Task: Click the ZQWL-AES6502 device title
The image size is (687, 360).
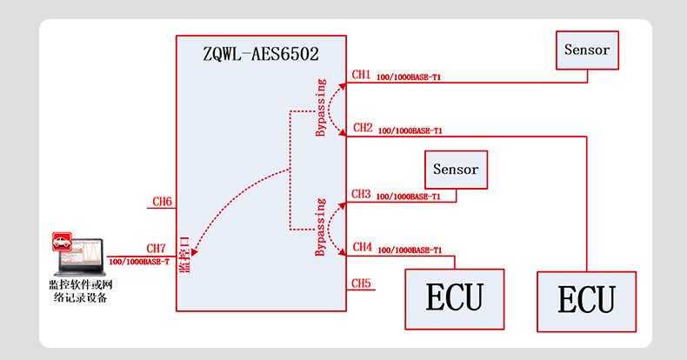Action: tap(260, 55)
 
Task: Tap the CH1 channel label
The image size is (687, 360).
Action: tap(362, 75)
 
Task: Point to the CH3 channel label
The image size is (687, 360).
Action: tap(362, 194)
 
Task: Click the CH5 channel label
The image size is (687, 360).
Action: tap(362, 283)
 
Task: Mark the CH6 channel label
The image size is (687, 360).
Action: tap(163, 202)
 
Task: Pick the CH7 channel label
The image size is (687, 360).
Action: tap(157, 249)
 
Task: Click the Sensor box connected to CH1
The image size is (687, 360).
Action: tap(587, 50)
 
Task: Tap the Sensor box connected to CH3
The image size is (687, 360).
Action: tap(456, 170)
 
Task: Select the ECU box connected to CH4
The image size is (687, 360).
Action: tap(455, 298)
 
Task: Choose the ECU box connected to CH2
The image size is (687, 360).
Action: tap(586, 301)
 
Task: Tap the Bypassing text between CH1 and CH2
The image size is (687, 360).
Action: tap(321, 109)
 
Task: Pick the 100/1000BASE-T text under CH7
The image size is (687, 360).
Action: tap(139, 261)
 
